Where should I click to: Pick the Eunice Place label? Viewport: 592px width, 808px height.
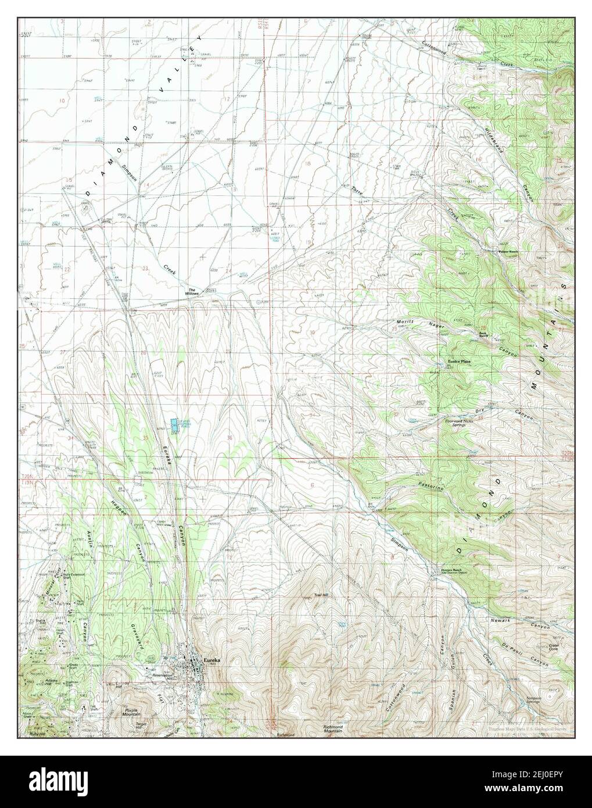[x=459, y=362]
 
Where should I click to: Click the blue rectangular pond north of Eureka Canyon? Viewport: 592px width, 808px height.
[x=174, y=426]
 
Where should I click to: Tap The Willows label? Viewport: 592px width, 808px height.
[x=192, y=292]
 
